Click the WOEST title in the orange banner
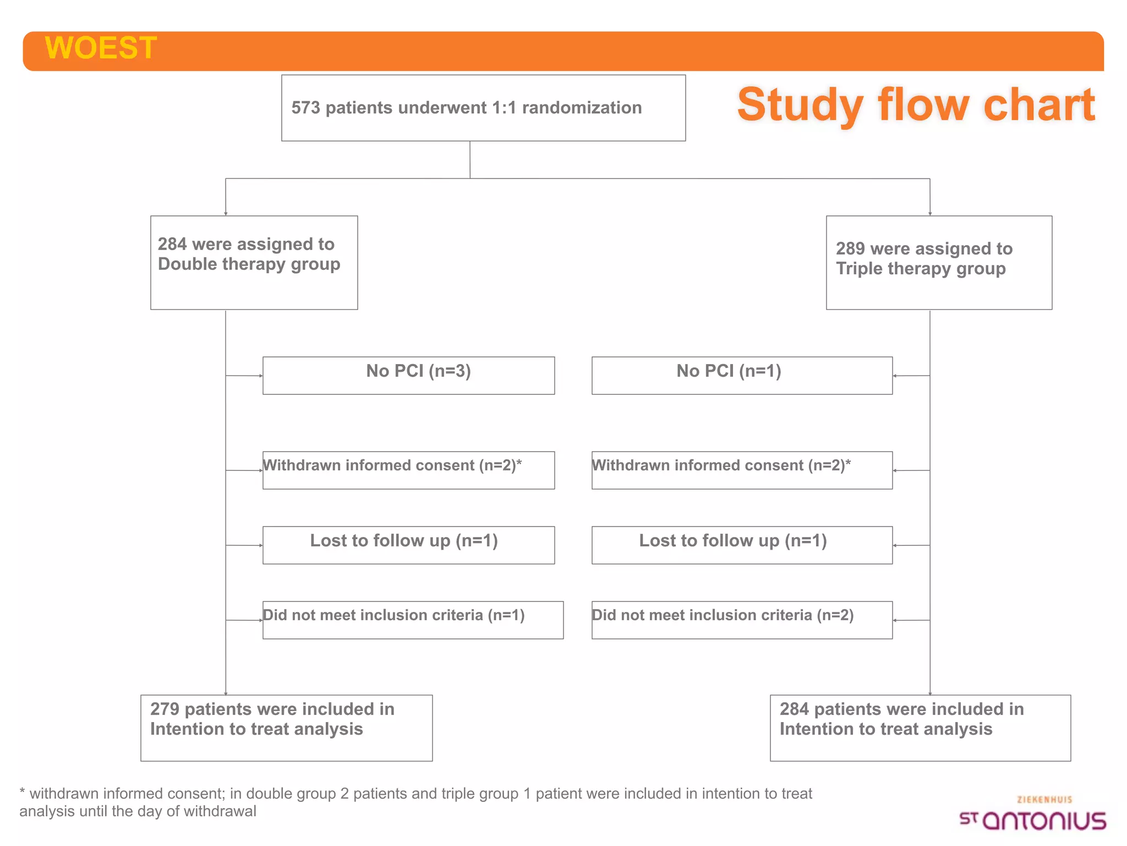click(101, 47)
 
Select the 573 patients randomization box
click(483, 108)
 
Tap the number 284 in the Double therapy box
click(172, 244)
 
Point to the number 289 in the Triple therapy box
click(850, 248)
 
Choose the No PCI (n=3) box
click(408, 376)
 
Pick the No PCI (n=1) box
click(742, 376)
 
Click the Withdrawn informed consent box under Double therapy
click(408, 470)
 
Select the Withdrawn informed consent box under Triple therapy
click(742, 470)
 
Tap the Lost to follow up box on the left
click(408, 545)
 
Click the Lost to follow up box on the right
click(742, 545)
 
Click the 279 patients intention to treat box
click(286, 728)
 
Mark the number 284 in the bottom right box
click(794, 709)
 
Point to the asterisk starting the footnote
click(22, 791)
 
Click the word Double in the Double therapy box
click(188, 264)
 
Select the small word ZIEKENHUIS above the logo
click(1044, 800)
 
